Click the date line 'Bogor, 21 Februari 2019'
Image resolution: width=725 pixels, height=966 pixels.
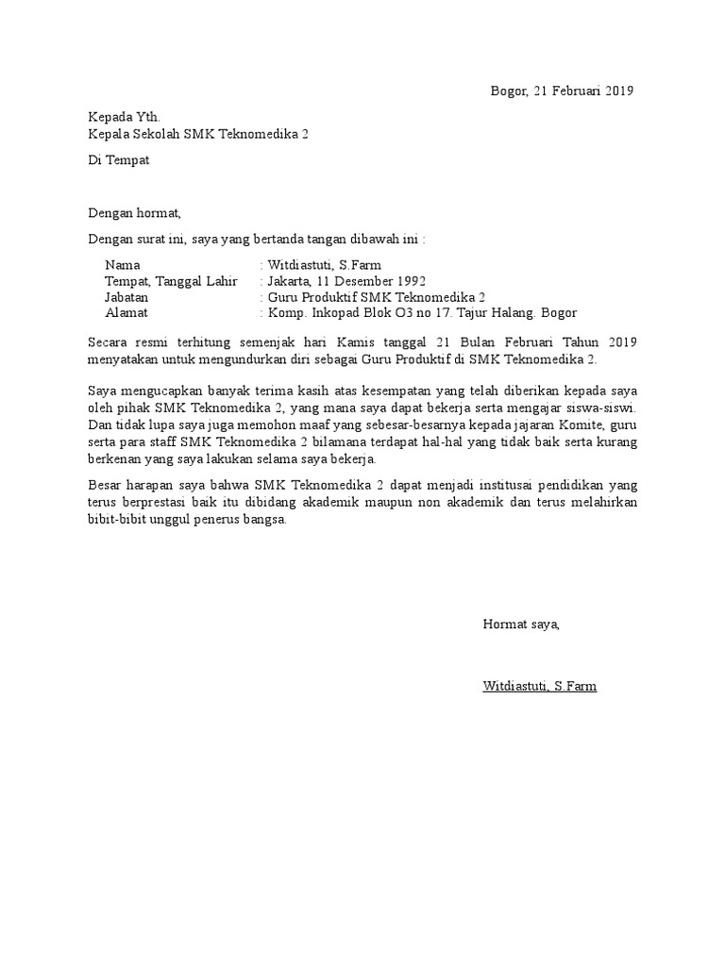pyautogui.click(x=562, y=91)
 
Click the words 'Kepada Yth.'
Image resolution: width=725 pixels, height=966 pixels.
pyautogui.click(x=118, y=118)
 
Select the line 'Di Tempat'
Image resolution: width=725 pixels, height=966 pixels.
pyautogui.click(x=118, y=159)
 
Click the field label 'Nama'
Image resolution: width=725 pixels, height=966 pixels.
pyautogui.click(x=123, y=265)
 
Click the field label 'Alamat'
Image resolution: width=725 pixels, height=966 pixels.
pyautogui.click(x=126, y=313)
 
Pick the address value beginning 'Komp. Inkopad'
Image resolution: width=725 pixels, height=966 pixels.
pyautogui.click(x=421, y=313)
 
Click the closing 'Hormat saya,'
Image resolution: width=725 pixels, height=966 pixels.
pyautogui.click(x=521, y=624)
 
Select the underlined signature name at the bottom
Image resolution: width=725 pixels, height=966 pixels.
pyautogui.click(x=539, y=686)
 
